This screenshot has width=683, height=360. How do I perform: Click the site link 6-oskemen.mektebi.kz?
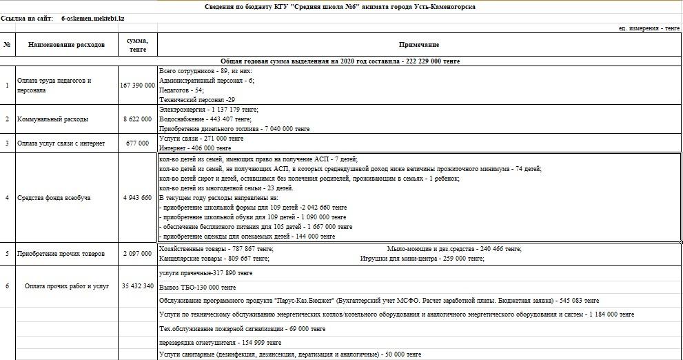tap(92, 18)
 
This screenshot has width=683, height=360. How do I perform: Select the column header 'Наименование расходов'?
tap(66, 45)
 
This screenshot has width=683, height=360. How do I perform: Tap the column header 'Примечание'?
tap(419, 45)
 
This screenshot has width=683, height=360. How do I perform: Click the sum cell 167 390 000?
tap(136, 86)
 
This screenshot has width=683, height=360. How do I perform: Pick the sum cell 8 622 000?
tap(137, 119)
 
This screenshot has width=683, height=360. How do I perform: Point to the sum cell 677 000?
tap(137, 143)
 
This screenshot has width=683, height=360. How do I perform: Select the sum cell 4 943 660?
tap(136, 198)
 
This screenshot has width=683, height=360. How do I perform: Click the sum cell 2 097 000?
tap(136, 254)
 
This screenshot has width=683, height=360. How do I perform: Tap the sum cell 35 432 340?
tap(136, 286)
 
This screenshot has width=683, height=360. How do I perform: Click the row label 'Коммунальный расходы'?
tap(53, 119)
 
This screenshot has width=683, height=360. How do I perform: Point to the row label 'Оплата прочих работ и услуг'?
tap(66, 286)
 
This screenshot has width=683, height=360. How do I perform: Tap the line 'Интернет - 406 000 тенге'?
tap(195, 148)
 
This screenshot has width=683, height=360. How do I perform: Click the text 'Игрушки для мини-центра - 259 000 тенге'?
tap(422, 259)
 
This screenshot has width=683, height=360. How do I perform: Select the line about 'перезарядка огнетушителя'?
tap(220, 342)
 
